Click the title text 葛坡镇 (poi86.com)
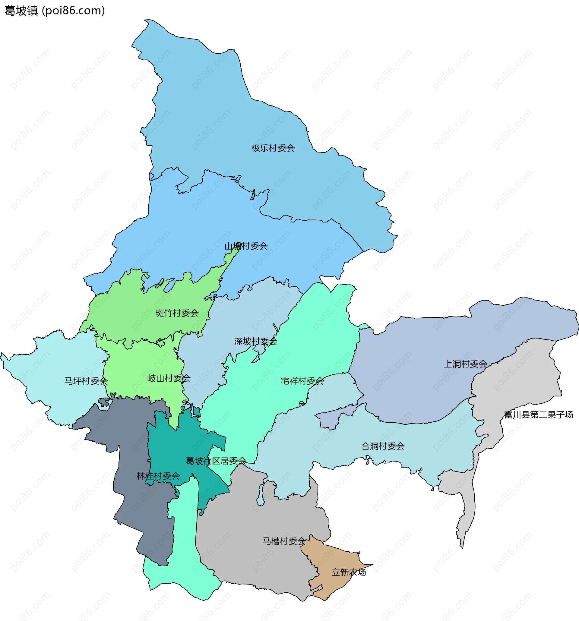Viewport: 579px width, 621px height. click(x=55, y=11)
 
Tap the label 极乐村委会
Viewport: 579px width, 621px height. click(x=273, y=148)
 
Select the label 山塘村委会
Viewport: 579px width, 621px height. click(x=246, y=246)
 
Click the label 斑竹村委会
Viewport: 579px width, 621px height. click(x=177, y=313)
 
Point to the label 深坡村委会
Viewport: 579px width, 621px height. click(x=256, y=342)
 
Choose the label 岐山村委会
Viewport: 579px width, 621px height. click(x=169, y=378)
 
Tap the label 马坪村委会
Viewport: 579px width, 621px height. click(x=86, y=381)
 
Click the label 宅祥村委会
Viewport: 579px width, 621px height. click(x=302, y=381)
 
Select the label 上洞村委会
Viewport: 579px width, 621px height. click(x=465, y=364)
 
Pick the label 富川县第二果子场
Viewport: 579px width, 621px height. click(x=538, y=415)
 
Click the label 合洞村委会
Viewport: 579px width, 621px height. click(x=383, y=446)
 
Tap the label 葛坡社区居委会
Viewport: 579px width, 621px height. click(x=216, y=461)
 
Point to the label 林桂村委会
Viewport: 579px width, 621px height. click(x=158, y=476)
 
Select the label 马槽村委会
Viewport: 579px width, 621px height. click(x=284, y=541)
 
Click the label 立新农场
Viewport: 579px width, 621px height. click(x=348, y=572)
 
